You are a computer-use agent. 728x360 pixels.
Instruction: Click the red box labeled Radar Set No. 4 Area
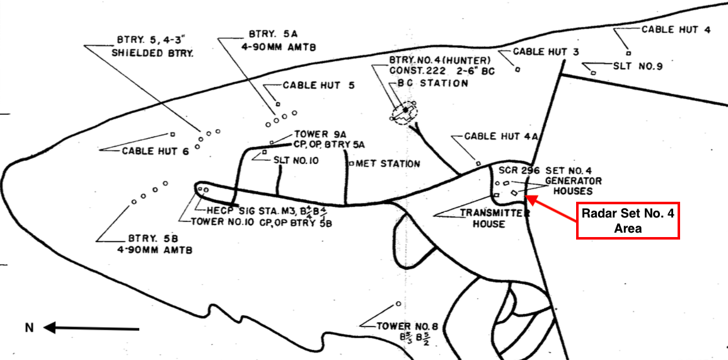[628, 221]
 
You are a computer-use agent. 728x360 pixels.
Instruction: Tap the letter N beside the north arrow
[28, 327]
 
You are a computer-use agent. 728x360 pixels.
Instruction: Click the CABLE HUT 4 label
[676, 30]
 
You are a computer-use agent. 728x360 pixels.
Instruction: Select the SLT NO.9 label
[637, 65]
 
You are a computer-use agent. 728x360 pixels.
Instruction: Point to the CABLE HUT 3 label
[546, 52]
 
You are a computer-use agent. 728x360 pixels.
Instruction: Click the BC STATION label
[432, 83]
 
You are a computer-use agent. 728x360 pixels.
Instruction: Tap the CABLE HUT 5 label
[319, 85]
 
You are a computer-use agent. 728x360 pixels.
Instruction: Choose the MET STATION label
[388, 164]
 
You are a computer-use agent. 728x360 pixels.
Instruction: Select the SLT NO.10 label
[296, 160]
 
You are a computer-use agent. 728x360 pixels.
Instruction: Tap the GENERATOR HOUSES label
[569, 186]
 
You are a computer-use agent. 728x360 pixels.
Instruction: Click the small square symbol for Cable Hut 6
[172, 134]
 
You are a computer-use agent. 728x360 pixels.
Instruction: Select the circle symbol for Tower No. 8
[398, 303]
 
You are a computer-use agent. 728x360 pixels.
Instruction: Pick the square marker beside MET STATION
[351, 164]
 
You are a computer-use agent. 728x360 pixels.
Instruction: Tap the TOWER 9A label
[320, 134]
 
